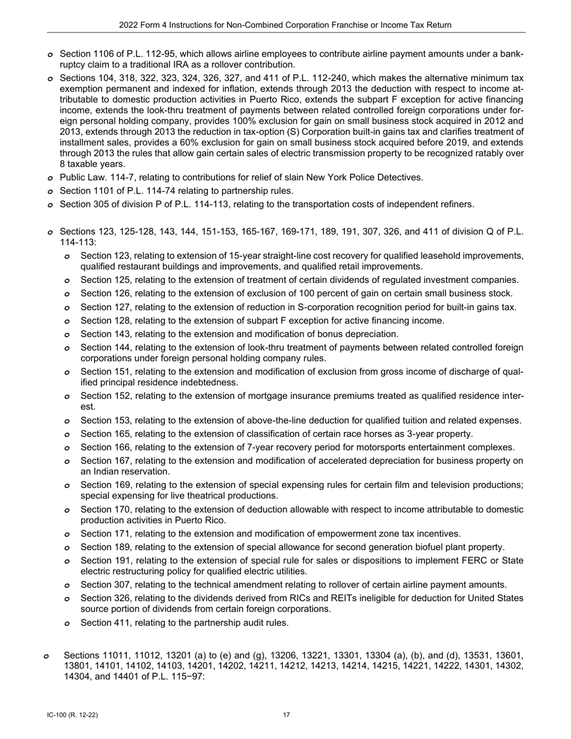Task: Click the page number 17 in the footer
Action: [287, 715]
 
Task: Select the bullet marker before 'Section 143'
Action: [67, 335]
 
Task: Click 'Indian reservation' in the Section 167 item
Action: [132, 472]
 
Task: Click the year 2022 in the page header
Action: [129, 25]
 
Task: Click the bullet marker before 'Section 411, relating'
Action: [67, 623]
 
